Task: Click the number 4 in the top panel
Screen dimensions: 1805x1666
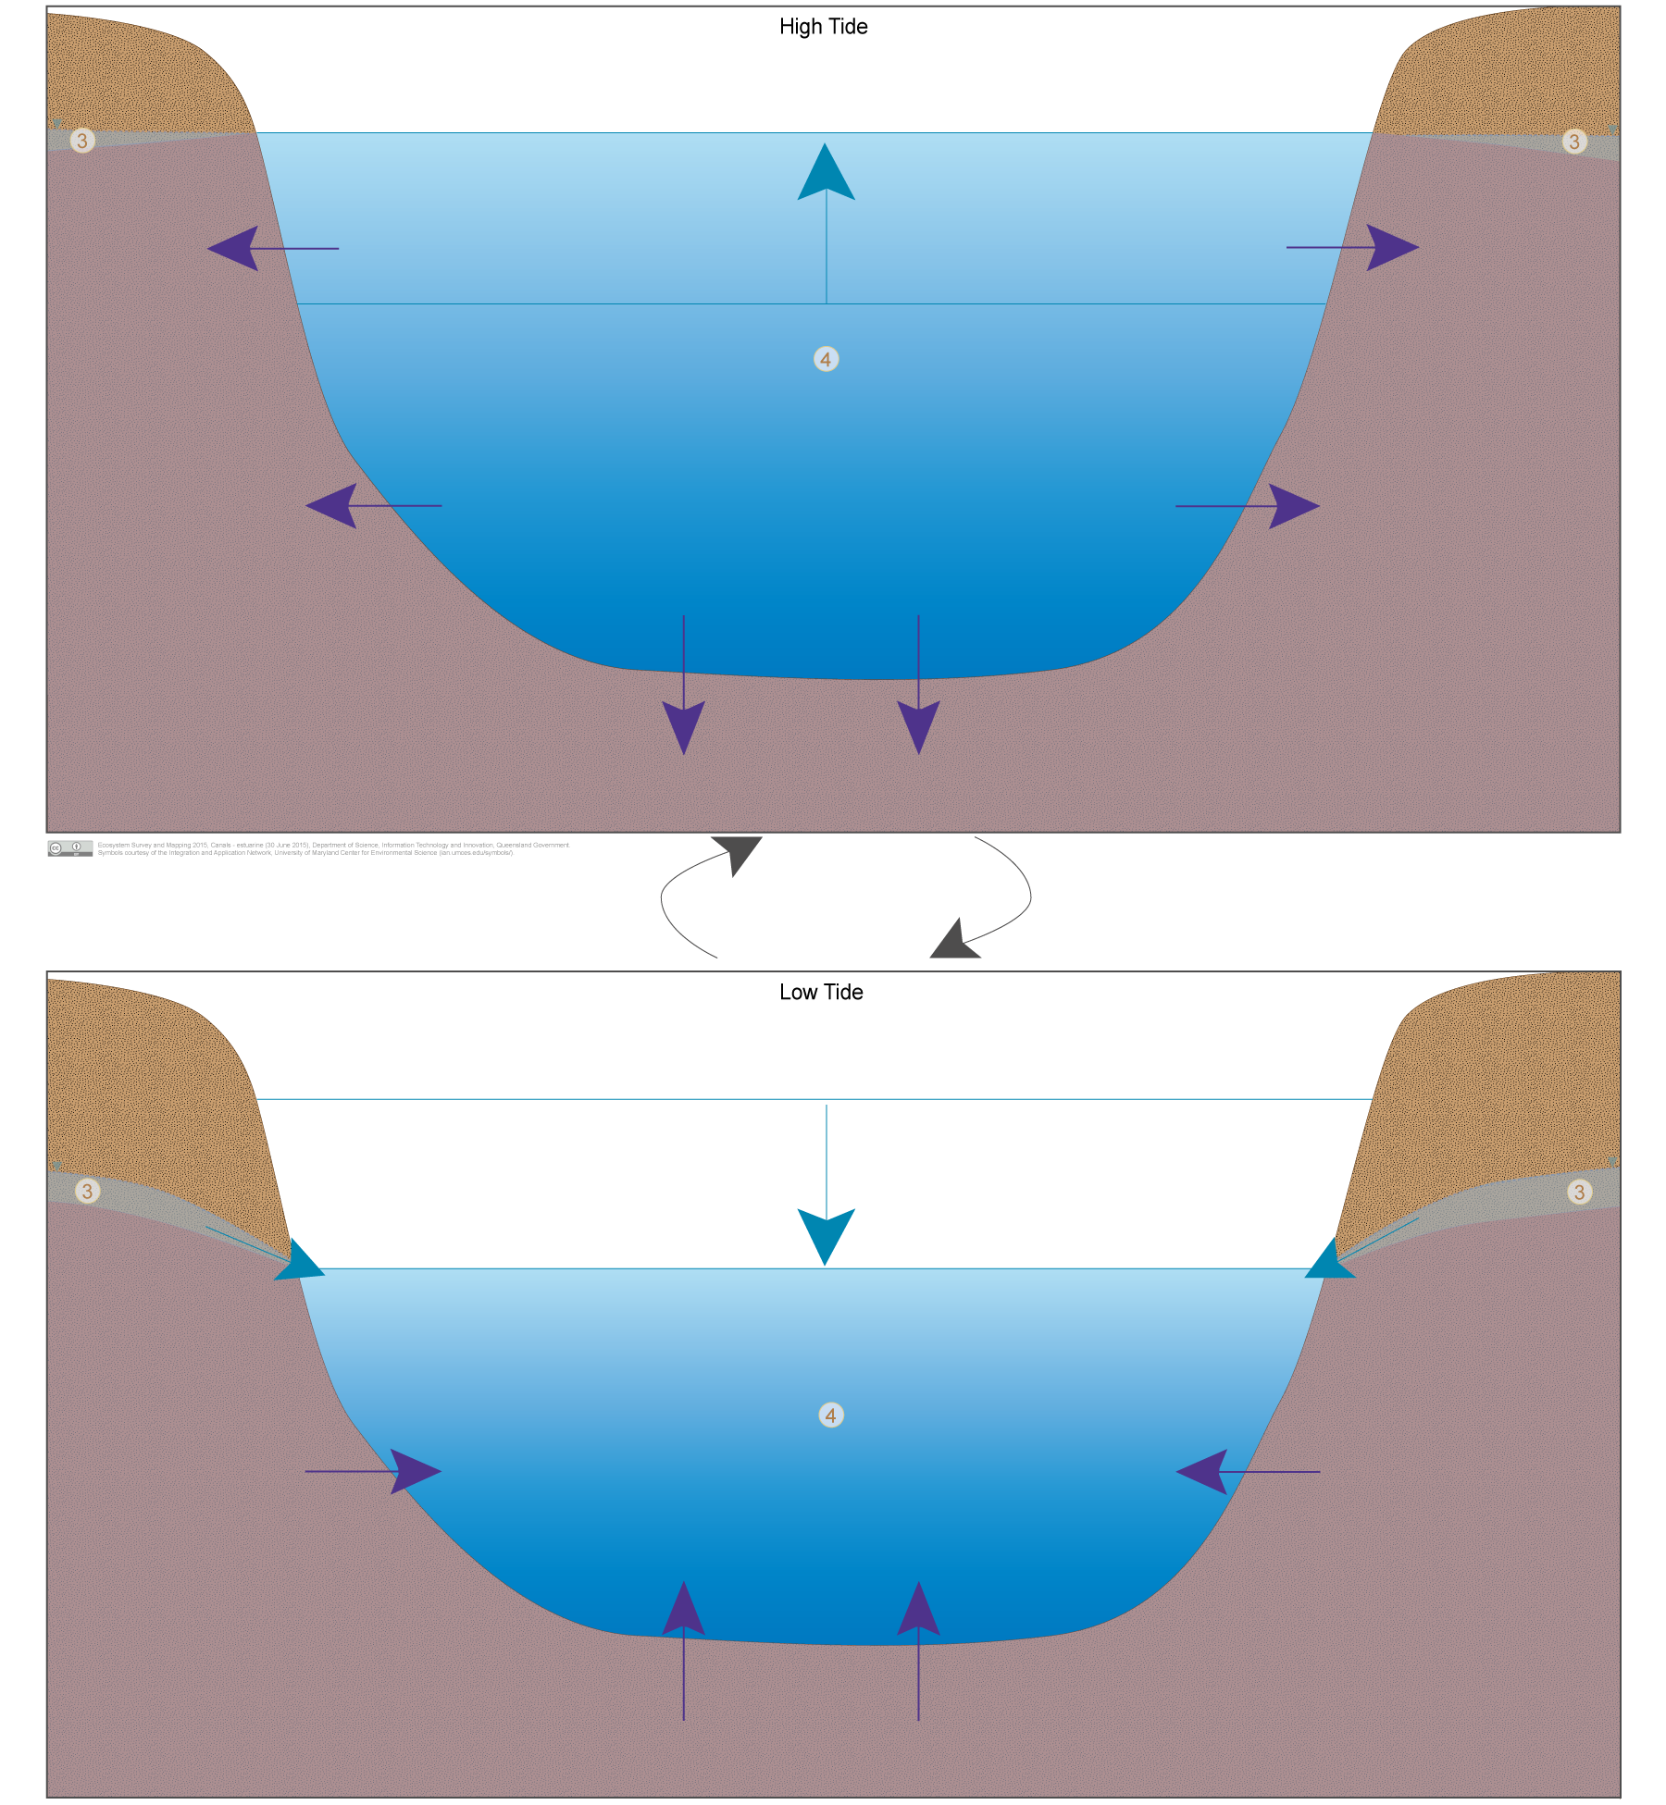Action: (827, 359)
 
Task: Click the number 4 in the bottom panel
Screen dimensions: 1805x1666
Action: (831, 1416)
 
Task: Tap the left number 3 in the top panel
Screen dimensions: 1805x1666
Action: (82, 141)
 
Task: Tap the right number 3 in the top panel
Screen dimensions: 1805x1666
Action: (1574, 142)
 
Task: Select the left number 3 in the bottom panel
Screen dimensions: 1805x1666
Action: (87, 1191)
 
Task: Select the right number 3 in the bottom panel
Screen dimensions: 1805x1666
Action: (1579, 1192)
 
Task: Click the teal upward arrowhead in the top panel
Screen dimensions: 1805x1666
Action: (826, 174)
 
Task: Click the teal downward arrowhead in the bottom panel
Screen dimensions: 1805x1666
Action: (826, 1234)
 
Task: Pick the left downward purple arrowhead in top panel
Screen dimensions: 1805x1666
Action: (684, 725)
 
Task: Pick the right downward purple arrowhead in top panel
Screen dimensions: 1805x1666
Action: (918, 725)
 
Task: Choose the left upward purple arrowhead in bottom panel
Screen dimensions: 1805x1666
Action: (684, 1611)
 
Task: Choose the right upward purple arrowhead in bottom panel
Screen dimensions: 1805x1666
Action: (918, 1611)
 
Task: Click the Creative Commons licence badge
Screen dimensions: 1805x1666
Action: (70, 847)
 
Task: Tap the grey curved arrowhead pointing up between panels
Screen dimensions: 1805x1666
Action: (740, 851)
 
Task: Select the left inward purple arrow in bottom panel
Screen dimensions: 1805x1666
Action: (373, 1471)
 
